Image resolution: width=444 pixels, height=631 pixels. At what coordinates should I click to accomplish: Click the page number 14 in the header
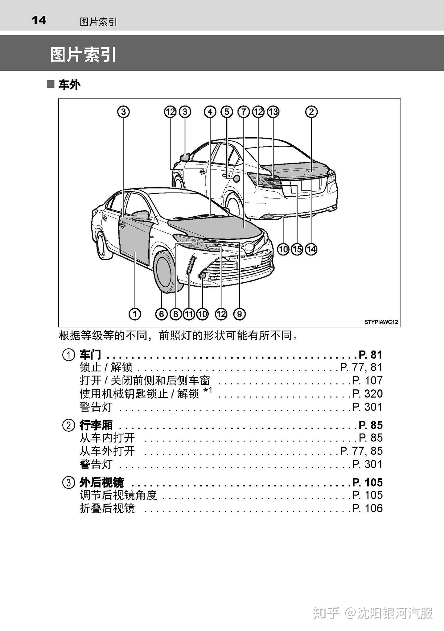(x=39, y=20)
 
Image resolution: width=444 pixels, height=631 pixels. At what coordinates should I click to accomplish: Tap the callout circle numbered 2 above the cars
(x=311, y=112)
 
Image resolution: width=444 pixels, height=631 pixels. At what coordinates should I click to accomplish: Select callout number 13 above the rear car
(x=273, y=112)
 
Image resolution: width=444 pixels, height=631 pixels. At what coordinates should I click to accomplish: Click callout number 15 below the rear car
(x=297, y=249)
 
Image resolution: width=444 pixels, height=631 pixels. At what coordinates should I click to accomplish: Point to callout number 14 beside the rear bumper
(x=311, y=249)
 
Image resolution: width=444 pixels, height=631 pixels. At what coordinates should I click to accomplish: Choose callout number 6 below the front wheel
(x=162, y=314)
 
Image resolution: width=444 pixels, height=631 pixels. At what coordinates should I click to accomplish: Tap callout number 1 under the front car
(x=135, y=314)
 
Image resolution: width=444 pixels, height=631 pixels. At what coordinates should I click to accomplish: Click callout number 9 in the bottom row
(x=239, y=314)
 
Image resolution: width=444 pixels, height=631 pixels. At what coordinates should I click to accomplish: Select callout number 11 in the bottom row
(x=189, y=314)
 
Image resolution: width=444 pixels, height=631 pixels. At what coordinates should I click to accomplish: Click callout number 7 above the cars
(x=243, y=112)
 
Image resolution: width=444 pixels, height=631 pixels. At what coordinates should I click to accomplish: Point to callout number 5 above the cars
(x=227, y=112)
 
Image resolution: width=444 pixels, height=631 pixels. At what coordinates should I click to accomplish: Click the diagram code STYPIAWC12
(x=381, y=322)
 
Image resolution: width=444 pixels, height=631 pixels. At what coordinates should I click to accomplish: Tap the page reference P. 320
(x=368, y=394)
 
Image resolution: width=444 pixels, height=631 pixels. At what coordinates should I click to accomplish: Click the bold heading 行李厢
(x=96, y=425)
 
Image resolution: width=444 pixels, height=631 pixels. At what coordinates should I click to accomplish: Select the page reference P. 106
(x=368, y=508)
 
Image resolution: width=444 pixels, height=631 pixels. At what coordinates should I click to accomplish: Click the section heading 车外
(x=69, y=85)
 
